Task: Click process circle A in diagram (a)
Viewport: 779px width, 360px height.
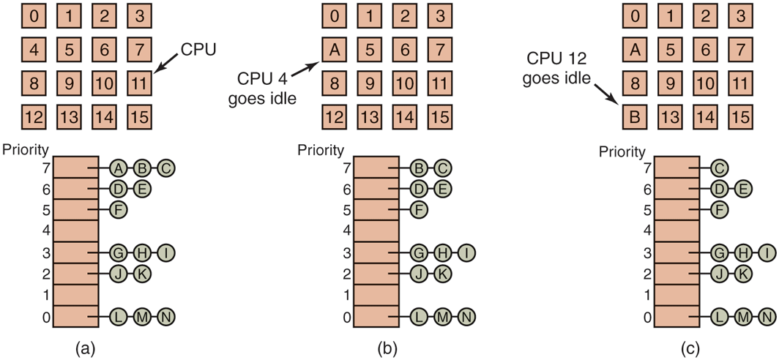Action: click(x=117, y=168)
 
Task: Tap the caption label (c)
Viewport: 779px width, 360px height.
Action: click(x=689, y=348)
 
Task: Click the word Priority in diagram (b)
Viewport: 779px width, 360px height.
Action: click(x=321, y=151)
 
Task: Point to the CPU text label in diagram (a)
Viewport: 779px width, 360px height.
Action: click(x=199, y=49)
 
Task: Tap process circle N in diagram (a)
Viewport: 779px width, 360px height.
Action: click(x=168, y=317)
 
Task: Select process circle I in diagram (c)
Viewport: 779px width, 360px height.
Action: click(x=767, y=252)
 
